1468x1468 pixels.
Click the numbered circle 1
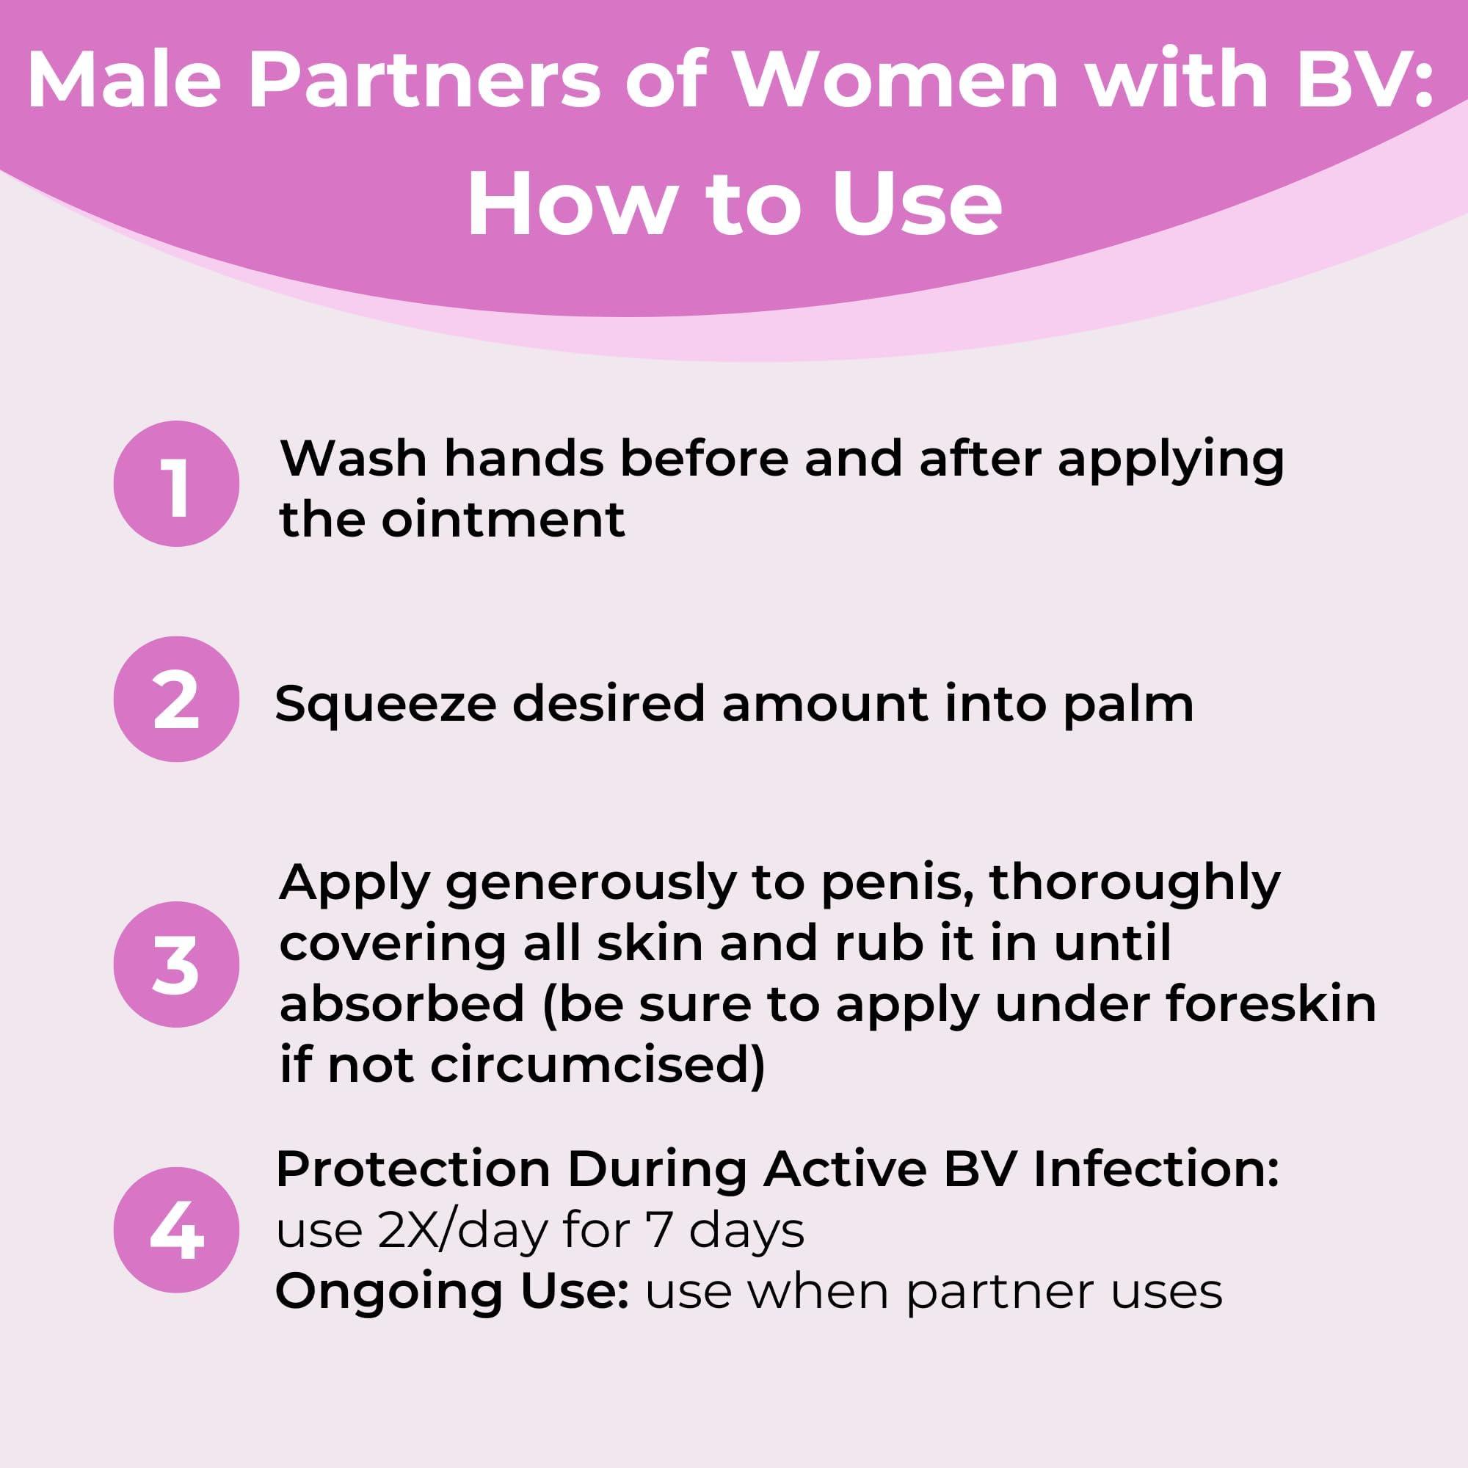coord(176,483)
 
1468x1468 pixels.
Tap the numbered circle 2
coord(176,698)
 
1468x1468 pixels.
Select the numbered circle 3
coord(176,964)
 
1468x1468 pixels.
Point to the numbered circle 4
coord(176,1229)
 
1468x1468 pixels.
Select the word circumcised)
coord(597,1065)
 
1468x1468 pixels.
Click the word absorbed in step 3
coord(403,1003)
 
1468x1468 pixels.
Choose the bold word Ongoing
coord(388,1293)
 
